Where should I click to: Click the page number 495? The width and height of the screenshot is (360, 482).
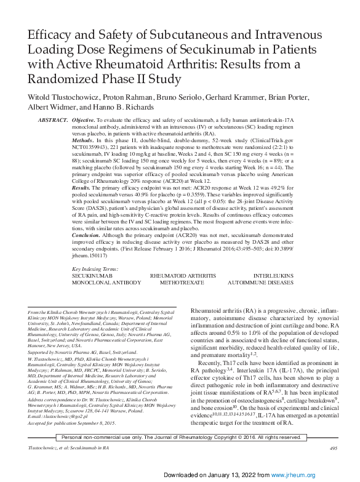point(333,449)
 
